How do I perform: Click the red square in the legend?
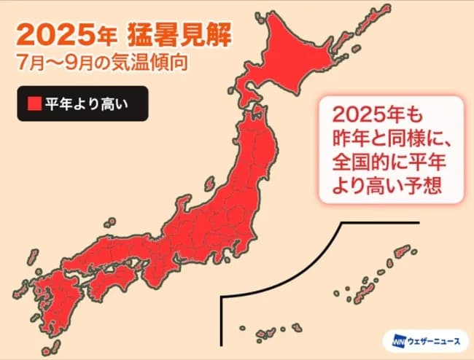(34, 104)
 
